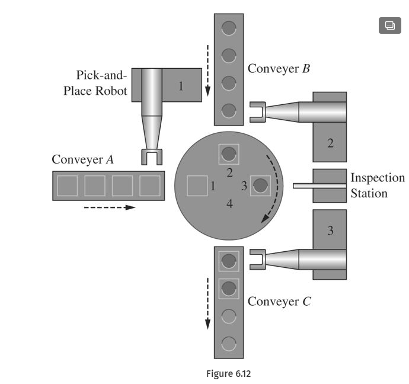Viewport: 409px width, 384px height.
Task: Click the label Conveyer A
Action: coord(82,159)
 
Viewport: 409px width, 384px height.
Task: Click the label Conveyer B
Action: coord(279,68)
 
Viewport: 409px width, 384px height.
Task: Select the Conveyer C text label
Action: coord(279,301)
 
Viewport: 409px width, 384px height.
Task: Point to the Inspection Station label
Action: coord(378,185)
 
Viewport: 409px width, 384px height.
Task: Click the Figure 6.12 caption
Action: coord(228,373)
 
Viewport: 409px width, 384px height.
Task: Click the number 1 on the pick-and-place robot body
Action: coord(181,85)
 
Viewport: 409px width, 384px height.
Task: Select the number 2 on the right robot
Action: coord(330,143)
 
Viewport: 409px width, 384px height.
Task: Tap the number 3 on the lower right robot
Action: coord(330,230)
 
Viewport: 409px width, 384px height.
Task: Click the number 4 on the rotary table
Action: coord(229,204)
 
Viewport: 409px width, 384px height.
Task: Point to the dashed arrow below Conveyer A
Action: coord(109,207)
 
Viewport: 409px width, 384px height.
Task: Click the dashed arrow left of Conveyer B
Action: coord(208,69)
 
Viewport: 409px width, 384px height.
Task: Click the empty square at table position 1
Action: coord(197,185)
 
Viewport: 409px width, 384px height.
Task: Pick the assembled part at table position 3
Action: coord(260,185)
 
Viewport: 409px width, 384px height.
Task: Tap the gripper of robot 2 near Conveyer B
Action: coord(257,111)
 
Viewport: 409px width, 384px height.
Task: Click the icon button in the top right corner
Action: coord(389,25)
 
